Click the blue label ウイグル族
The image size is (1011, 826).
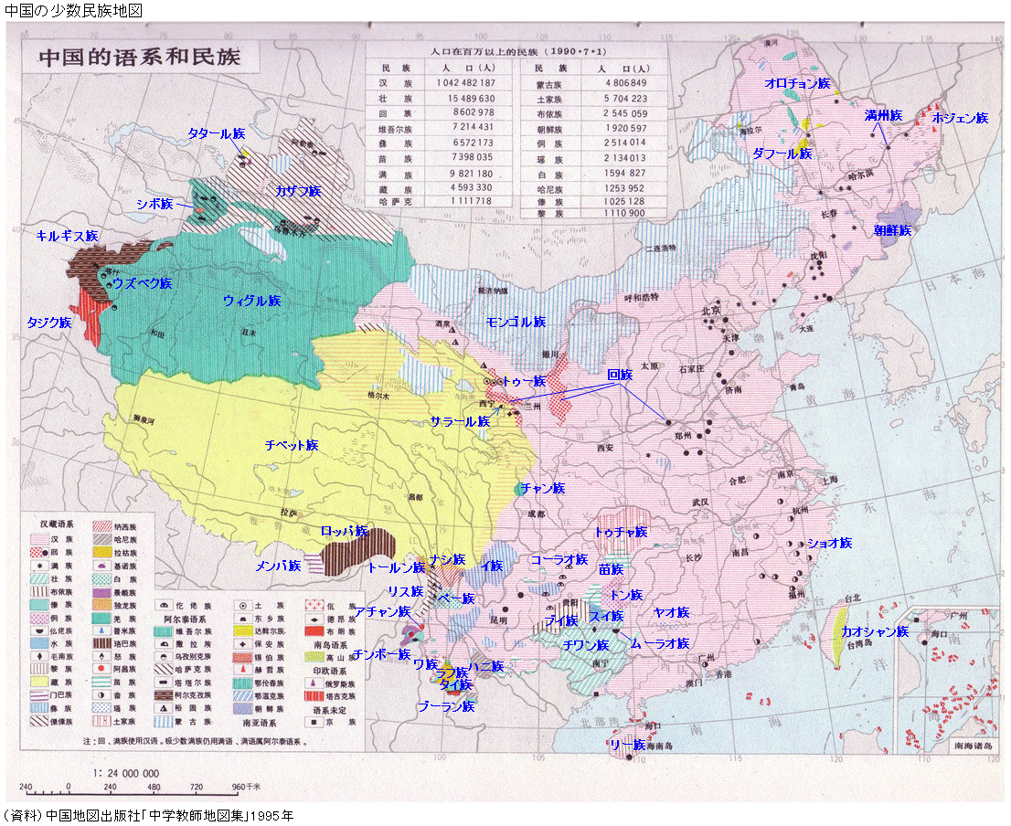(251, 301)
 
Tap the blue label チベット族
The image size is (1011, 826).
(291, 446)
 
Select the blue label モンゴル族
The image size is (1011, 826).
(516, 323)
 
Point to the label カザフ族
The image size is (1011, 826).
(298, 191)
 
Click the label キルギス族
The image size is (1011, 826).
(67, 236)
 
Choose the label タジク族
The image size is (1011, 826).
(49, 323)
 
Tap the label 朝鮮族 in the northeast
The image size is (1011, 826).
(892, 230)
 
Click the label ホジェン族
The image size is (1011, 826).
(960, 118)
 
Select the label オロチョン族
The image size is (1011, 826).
(797, 83)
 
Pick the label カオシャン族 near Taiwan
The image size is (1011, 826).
(875, 631)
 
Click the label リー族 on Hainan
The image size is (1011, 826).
(627, 745)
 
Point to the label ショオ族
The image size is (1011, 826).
(829, 543)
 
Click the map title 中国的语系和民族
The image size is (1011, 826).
(139, 57)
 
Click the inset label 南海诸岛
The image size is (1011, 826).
(972, 746)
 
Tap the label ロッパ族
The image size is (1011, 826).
(345, 531)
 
